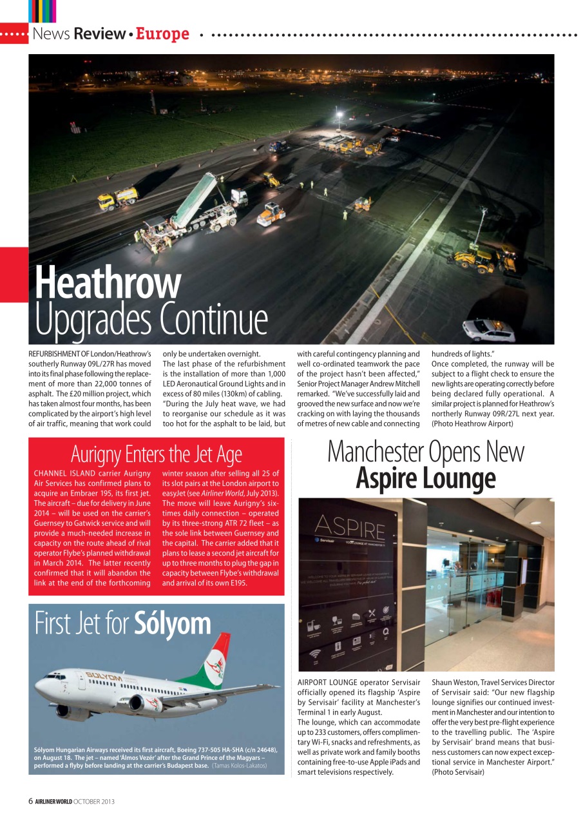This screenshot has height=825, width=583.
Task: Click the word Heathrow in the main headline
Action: click(x=108, y=283)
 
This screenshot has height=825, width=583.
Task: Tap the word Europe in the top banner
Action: click(x=162, y=34)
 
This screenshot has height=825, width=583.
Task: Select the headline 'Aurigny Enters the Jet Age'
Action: click(x=156, y=454)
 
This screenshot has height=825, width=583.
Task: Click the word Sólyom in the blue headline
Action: click(x=173, y=623)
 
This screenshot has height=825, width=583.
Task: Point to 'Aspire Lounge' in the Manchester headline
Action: click(x=426, y=478)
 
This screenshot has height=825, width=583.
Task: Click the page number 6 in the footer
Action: click(x=30, y=801)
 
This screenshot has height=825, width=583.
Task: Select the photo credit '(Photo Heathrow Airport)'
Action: click(x=472, y=423)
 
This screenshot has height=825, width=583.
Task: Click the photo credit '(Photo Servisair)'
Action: click(x=458, y=772)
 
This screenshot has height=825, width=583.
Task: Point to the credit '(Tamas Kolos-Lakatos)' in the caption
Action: click(x=239, y=765)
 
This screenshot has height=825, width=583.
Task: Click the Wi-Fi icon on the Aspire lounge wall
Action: click(x=316, y=654)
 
